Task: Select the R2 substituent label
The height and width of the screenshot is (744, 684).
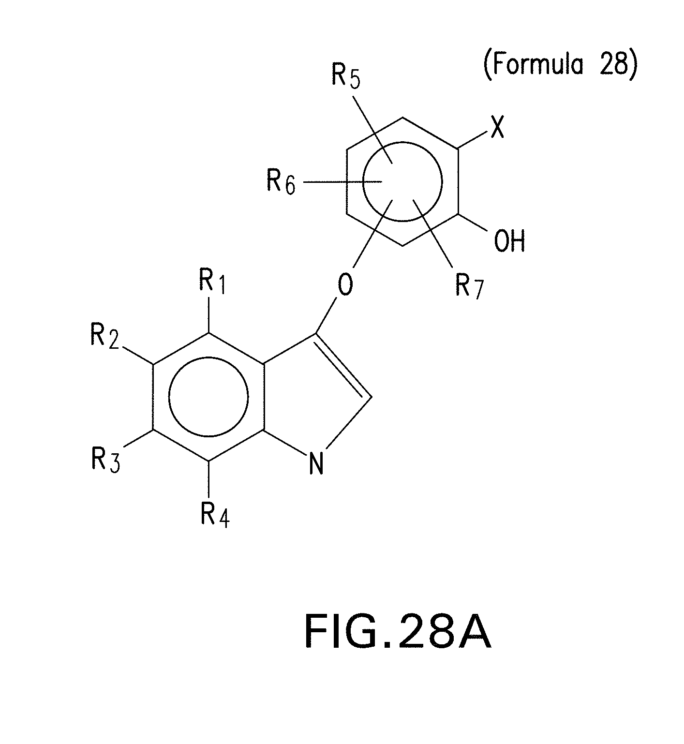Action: click(x=104, y=335)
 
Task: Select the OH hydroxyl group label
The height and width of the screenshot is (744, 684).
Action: click(x=509, y=240)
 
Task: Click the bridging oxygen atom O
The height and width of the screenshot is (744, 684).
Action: click(x=345, y=285)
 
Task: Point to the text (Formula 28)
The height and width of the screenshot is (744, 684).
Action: click(x=560, y=64)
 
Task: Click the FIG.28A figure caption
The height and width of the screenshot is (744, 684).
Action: click(x=398, y=632)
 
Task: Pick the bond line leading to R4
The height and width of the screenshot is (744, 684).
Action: click(x=208, y=479)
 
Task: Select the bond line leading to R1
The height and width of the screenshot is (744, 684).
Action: click(x=208, y=314)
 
